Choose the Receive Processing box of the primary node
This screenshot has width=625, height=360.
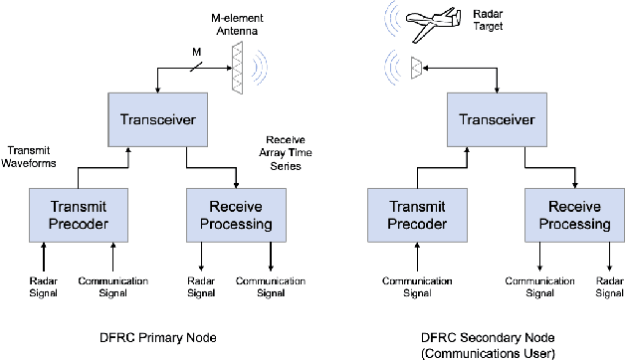point(235,215)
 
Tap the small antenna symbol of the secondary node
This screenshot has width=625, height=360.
point(415,68)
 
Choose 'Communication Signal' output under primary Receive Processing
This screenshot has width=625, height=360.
point(270,286)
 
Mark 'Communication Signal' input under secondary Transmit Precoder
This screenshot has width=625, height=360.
point(409,286)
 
